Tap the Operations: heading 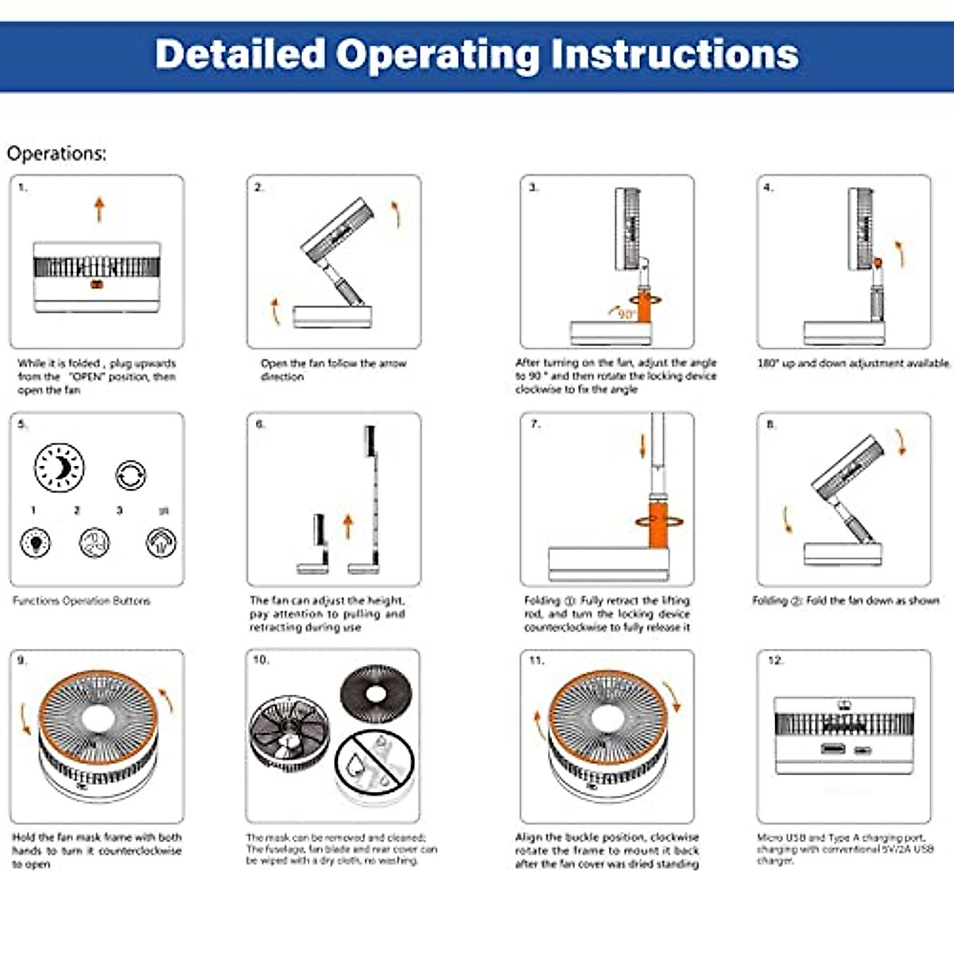tap(56, 153)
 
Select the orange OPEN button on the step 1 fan tap(97, 285)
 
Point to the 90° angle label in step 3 tap(626, 314)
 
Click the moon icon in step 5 tap(59, 467)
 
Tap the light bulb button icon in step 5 tap(36, 543)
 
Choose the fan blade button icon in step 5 tap(95, 543)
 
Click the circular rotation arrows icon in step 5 tap(130, 475)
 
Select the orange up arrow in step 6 tap(347, 525)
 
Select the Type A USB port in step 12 tap(833, 749)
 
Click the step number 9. tap(21, 660)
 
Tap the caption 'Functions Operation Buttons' tap(81, 601)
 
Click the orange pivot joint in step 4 tap(878, 262)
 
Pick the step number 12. tap(775, 660)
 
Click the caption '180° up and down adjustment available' tap(853, 363)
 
